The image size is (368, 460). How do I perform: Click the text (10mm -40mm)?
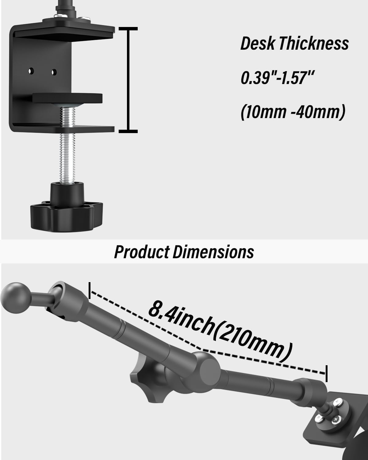click(293, 112)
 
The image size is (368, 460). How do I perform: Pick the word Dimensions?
click(213, 252)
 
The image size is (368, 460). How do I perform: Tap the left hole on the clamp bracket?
click(31, 71)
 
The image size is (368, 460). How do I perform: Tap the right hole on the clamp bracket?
click(54, 72)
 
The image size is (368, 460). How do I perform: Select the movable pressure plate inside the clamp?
click(67, 98)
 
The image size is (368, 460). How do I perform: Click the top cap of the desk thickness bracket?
click(128, 29)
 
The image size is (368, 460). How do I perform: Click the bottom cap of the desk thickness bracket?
click(128, 131)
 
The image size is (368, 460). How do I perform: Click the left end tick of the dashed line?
click(89, 290)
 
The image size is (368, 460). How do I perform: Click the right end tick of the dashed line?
click(326, 373)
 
